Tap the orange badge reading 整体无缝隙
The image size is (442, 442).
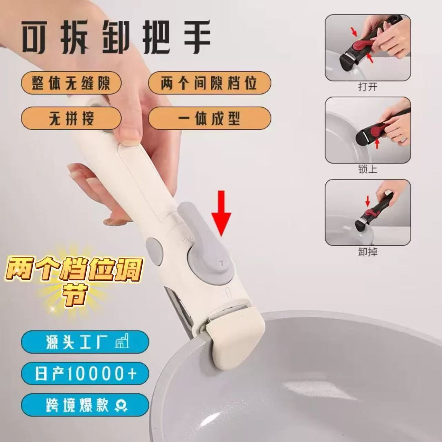[71, 83]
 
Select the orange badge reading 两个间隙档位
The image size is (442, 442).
[209, 82]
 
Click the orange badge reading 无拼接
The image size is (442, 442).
[71, 119]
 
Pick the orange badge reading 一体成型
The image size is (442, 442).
[209, 119]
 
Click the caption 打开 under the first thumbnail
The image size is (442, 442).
[368, 87]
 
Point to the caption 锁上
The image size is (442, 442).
[368, 170]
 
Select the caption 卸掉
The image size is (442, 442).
[368, 252]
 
